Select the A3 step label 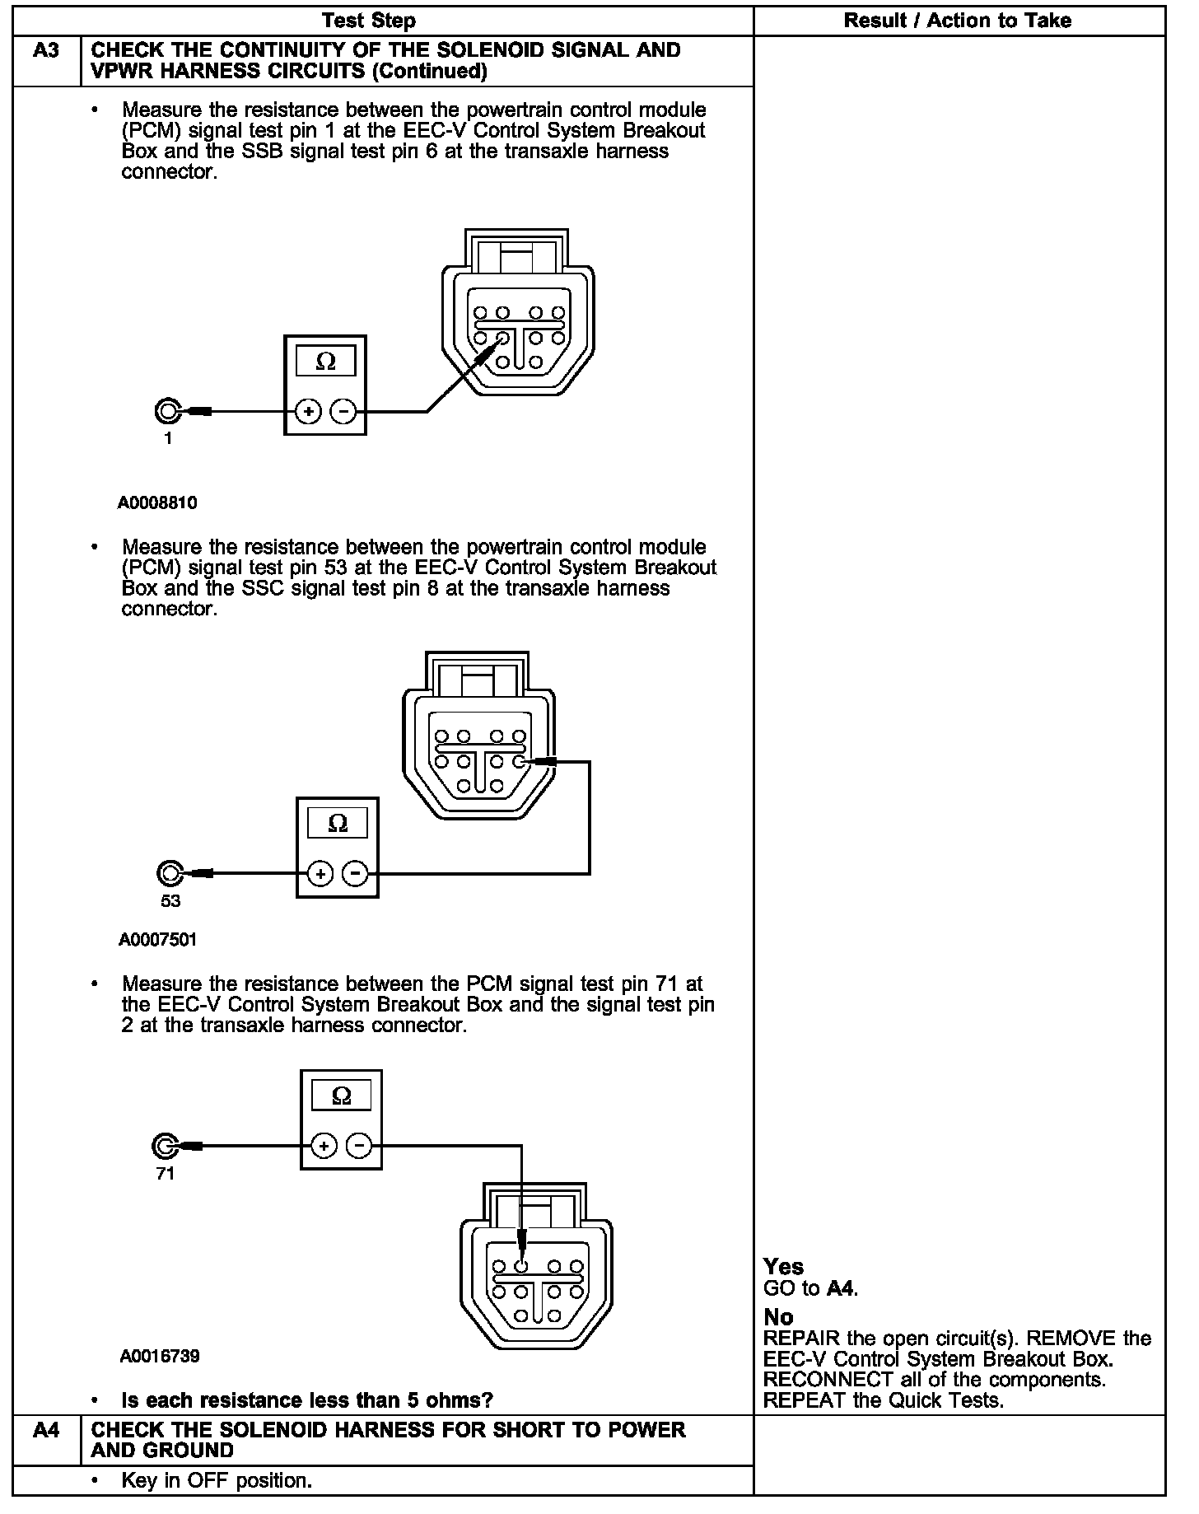tap(46, 51)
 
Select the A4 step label tap(46, 1430)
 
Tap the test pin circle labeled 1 tap(167, 410)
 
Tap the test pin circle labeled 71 tap(165, 1146)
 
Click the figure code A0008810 tap(157, 502)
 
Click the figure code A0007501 tap(157, 940)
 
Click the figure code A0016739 tap(159, 1356)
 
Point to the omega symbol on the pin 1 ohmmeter tap(325, 362)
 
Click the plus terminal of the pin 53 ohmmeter tap(321, 873)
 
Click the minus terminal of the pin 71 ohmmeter tap(359, 1146)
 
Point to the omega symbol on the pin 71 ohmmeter tap(341, 1096)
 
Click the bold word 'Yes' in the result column tap(783, 1266)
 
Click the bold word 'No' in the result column tap(778, 1317)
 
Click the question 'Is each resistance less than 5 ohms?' tap(306, 1400)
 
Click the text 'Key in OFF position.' tap(217, 1480)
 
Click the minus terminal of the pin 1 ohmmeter tap(345, 411)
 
